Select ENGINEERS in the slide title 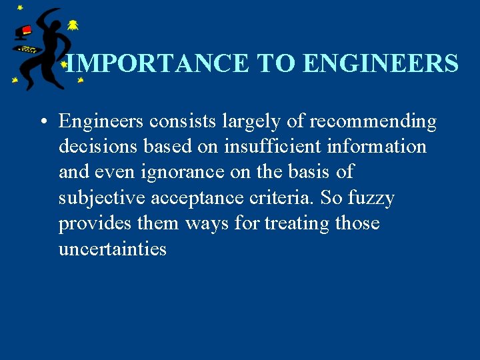(x=380, y=64)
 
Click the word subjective (x=102, y=198)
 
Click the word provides (x=95, y=223)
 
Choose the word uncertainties (x=113, y=249)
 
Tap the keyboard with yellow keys (x=27, y=49)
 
